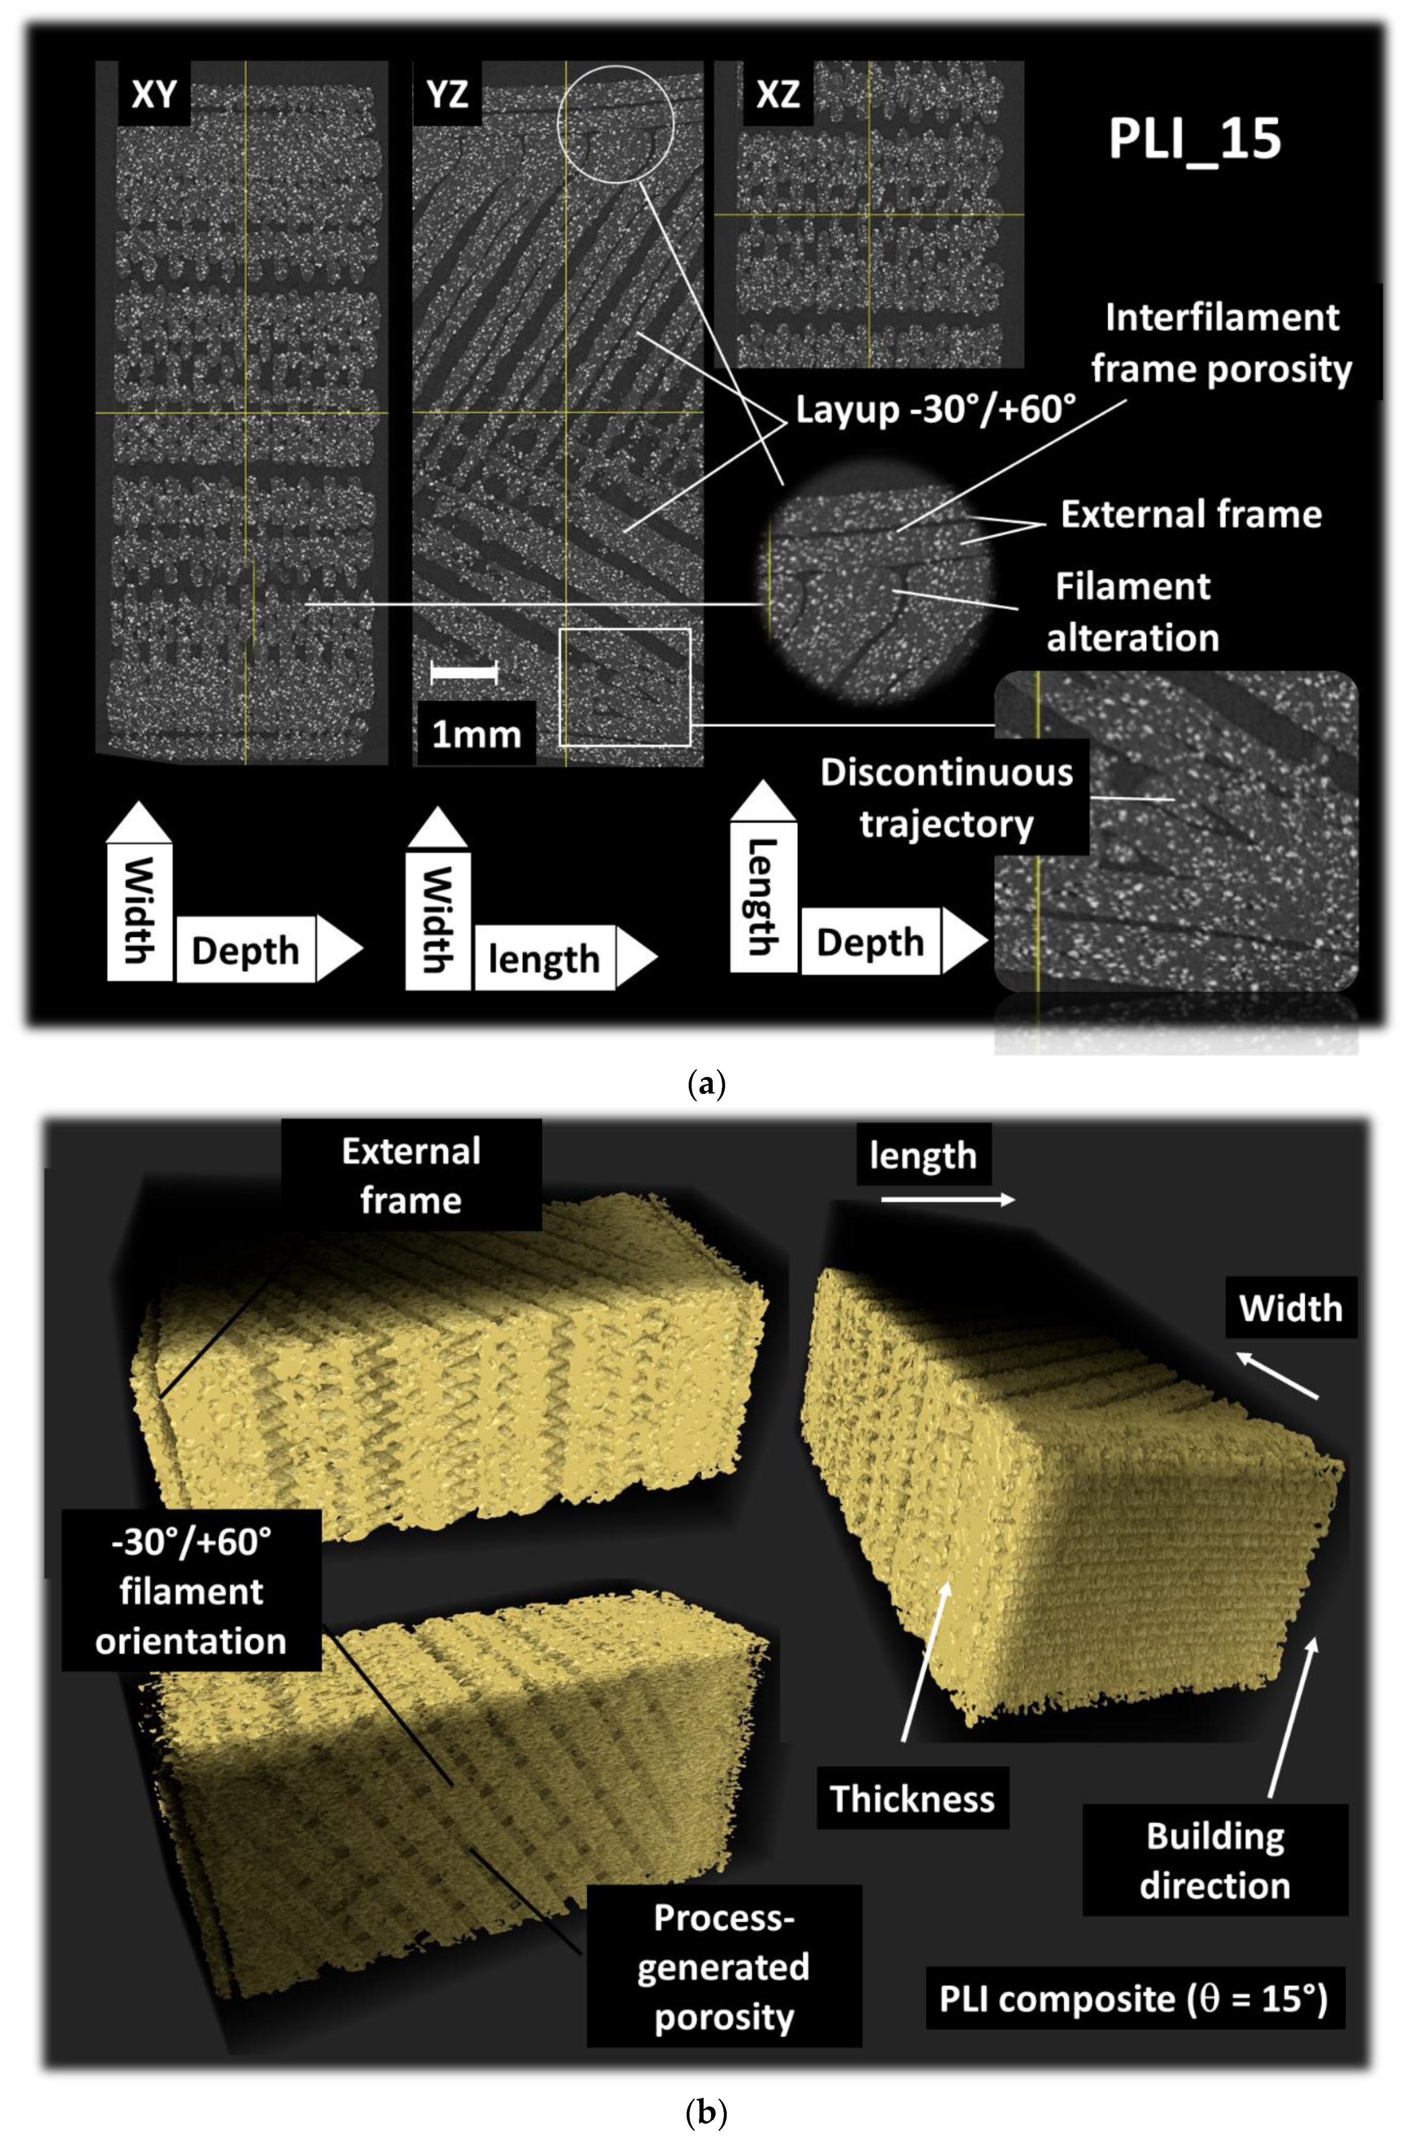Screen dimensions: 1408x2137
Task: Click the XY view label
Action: coord(154,94)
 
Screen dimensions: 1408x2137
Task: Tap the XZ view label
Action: coord(778,94)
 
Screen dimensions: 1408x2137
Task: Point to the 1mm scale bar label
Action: coord(477,735)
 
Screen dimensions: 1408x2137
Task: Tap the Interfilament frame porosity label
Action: coord(1221,343)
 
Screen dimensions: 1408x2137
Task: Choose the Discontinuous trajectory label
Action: coord(946,798)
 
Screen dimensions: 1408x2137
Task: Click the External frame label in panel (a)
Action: coord(1191,514)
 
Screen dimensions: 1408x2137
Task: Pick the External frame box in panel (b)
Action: coord(411,1176)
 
